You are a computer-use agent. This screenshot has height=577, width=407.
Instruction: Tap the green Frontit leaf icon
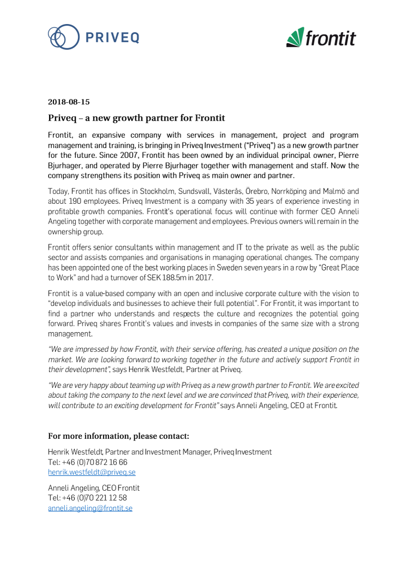click(x=295, y=37)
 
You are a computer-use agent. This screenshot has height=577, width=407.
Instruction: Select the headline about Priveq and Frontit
click(x=136, y=118)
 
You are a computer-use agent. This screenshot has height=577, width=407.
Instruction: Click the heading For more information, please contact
click(x=118, y=436)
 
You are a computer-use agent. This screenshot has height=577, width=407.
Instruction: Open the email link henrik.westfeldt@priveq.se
click(x=92, y=472)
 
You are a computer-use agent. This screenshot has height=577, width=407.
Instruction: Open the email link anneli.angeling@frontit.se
click(x=90, y=508)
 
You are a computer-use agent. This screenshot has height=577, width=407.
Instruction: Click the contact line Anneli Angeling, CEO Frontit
click(x=94, y=488)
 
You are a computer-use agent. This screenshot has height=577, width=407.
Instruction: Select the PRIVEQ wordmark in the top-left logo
click(x=112, y=37)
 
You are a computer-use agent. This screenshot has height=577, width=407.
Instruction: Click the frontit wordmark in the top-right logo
click(x=331, y=38)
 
